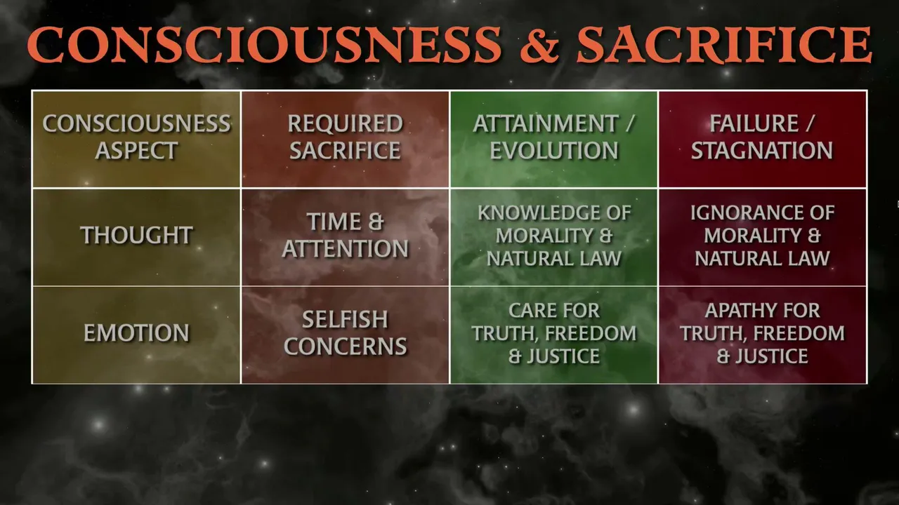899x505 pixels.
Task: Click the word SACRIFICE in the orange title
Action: [724, 44]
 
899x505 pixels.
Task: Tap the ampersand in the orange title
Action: [539, 44]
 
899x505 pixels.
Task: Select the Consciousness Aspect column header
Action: [136, 139]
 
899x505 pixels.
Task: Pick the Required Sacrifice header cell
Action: [345, 139]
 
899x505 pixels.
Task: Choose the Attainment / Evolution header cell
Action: [554, 139]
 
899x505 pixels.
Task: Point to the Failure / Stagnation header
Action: [763, 139]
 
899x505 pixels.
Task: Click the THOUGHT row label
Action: [136, 235]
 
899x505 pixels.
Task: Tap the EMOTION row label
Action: [136, 332]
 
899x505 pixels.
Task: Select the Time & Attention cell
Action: [345, 237]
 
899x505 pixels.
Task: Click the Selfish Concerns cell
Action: [345, 335]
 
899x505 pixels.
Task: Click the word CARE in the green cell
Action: [530, 310]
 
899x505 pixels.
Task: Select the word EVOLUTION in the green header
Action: [554, 151]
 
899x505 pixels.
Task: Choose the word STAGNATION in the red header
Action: [762, 151]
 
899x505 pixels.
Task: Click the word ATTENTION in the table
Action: [345, 248]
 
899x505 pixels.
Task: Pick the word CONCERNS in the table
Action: [345, 346]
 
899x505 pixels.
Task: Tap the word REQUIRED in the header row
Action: [345, 123]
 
